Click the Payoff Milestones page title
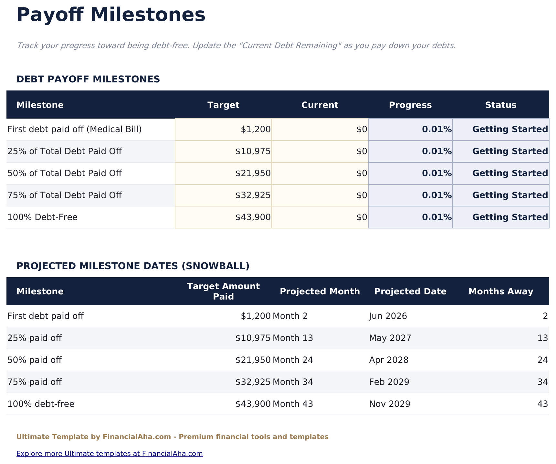click(x=111, y=15)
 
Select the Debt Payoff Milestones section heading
click(x=88, y=79)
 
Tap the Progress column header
click(x=410, y=105)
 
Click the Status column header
click(x=501, y=105)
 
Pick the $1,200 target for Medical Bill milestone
click(x=256, y=130)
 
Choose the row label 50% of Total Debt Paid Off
click(x=65, y=174)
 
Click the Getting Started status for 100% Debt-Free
click(x=510, y=217)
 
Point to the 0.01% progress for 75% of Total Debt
click(x=436, y=195)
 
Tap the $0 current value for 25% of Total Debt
click(x=362, y=152)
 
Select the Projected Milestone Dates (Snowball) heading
click(x=133, y=266)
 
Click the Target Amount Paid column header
click(x=223, y=291)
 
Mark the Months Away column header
click(x=501, y=291)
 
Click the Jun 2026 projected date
click(x=388, y=316)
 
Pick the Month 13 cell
click(x=293, y=338)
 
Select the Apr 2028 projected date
click(x=389, y=360)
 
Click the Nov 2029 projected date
click(x=390, y=404)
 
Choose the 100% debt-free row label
click(x=41, y=404)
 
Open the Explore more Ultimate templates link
click(x=110, y=453)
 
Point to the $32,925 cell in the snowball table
click(x=253, y=382)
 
